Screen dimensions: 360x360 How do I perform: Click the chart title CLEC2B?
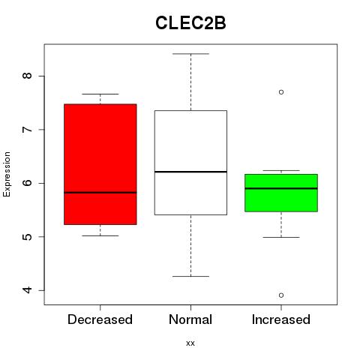point(190,23)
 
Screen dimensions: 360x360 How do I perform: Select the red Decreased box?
point(100,164)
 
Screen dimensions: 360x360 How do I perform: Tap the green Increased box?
point(281,193)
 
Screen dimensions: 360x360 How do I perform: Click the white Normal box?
point(190,163)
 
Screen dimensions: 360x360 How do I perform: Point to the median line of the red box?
point(100,193)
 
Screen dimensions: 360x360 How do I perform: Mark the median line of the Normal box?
point(190,172)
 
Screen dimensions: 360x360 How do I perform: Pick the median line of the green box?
point(281,188)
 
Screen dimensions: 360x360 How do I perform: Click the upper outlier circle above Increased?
point(281,92)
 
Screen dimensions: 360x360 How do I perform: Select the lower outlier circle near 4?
point(281,295)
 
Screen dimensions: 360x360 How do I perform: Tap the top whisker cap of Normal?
point(190,54)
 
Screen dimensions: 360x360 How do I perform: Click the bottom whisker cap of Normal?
point(190,276)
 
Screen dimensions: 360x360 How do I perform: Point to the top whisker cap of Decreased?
point(100,94)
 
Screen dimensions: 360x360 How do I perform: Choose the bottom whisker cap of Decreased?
point(100,235)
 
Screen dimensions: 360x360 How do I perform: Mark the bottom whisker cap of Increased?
point(281,237)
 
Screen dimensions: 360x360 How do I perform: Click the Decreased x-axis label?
point(100,319)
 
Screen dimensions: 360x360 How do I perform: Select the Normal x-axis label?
point(190,319)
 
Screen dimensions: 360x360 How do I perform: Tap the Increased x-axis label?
point(281,319)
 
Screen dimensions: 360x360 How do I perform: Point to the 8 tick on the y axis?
point(28,76)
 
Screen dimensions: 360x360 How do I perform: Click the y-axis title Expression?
point(7,174)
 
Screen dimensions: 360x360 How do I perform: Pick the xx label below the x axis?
point(190,343)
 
